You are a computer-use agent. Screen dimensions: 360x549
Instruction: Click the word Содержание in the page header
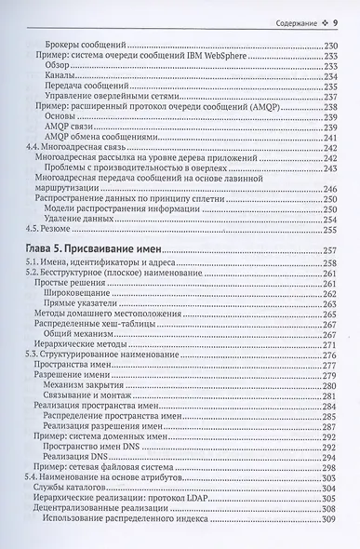[x=292, y=21]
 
